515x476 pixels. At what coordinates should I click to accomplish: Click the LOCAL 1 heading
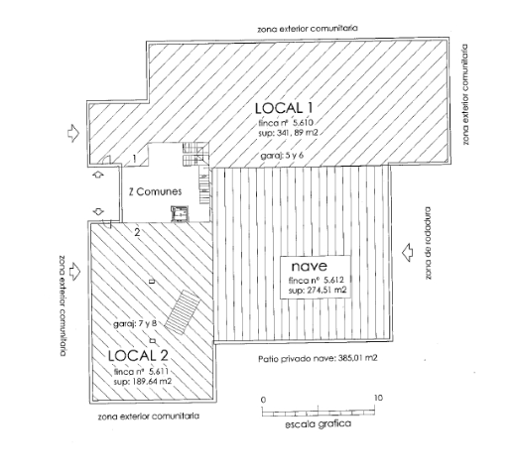(284, 108)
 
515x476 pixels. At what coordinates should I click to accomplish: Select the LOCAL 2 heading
(138, 355)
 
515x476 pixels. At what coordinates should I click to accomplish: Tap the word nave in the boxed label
(310, 266)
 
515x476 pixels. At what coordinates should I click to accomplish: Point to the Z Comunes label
(155, 191)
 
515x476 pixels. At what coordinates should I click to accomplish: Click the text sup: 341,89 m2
(288, 133)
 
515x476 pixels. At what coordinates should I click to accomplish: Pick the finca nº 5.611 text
(141, 372)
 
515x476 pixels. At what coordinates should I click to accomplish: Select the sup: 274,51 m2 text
(318, 291)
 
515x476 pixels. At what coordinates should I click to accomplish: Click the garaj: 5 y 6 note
(282, 156)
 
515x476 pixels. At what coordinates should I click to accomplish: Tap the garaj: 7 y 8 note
(135, 323)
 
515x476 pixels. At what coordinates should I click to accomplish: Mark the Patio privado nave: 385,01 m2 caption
(318, 358)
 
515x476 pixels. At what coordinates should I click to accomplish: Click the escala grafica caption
(319, 423)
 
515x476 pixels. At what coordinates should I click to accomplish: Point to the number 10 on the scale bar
(378, 398)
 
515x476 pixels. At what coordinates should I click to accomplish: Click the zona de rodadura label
(428, 243)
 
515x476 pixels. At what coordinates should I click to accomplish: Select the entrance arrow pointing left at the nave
(408, 253)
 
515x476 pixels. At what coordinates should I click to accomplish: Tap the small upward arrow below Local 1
(98, 175)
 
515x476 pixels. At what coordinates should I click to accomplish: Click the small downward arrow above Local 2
(98, 211)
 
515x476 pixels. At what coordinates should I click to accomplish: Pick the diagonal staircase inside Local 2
(183, 312)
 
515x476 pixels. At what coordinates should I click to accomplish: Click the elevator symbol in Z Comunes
(180, 213)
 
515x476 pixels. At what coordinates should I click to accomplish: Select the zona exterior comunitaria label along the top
(308, 28)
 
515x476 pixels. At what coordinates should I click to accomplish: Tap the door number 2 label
(137, 232)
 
